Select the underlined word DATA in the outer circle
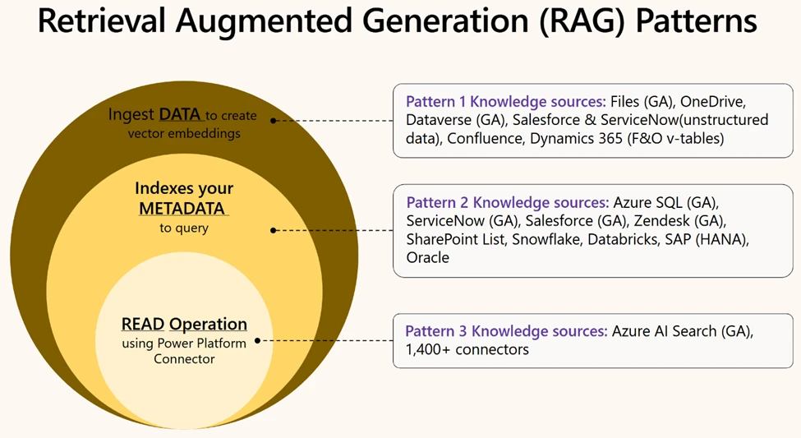coord(179,115)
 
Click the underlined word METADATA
coord(182,209)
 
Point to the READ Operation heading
coord(184,324)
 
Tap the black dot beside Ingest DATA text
coord(274,120)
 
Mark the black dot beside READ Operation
coord(258,339)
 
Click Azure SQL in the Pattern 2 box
coord(646,202)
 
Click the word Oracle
coord(427,257)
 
